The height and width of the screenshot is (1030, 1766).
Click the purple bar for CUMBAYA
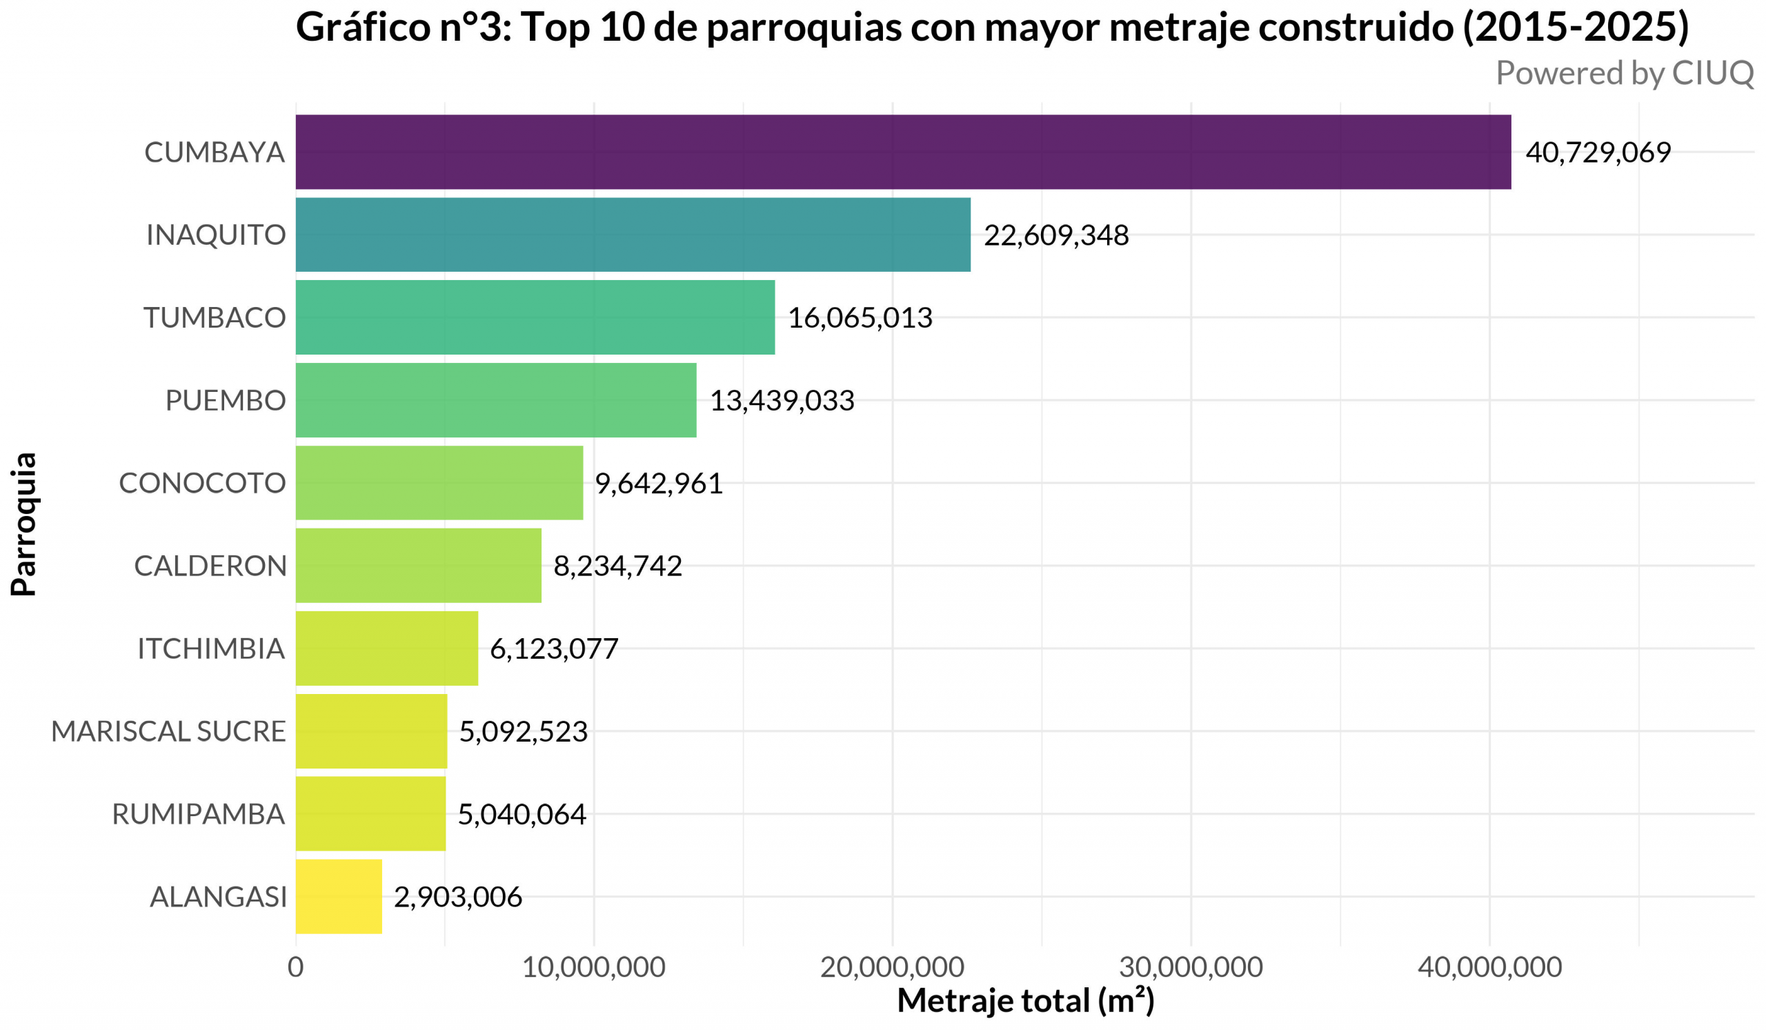[x=902, y=152]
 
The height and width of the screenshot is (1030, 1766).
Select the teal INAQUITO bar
[x=633, y=235]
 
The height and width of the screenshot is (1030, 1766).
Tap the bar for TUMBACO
[x=535, y=317]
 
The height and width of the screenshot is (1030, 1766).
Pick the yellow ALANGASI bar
[x=339, y=896]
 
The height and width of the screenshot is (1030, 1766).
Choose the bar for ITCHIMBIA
[x=386, y=648]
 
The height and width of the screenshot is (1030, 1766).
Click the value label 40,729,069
[x=1598, y=152]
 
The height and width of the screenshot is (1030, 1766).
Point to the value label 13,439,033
[x=782, y=401]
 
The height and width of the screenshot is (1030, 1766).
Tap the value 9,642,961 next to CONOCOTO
[x=659, y=484]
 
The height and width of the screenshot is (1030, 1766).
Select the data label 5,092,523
[x=523, y=731]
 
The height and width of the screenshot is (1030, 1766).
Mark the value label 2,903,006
[x=457, y=897]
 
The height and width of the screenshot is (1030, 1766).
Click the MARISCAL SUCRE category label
[x=168, y=731]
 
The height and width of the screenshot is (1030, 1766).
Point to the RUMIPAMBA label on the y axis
[x=198, y=814]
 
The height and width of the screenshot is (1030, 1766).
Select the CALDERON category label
[x=210, y=566]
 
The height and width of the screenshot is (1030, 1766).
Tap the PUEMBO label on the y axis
[x=225, y=401]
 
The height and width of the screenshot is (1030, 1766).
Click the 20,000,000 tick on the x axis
[x=891, y=967]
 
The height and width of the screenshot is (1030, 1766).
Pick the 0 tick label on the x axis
[x=295, y=967]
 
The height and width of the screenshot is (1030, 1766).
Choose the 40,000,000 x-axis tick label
[x=1489, y=967]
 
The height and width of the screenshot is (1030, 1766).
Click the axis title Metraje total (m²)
[x=1025, y=1000]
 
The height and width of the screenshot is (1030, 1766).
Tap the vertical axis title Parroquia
[x=24, y=524]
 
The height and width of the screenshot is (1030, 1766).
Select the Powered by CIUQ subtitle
[x=1625, y=74]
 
